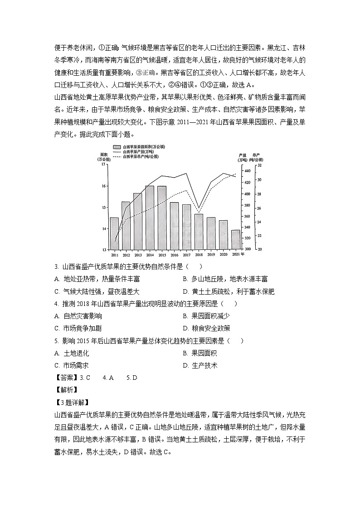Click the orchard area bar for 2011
click(114, 233)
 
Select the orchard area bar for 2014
click(150, 218)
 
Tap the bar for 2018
click(199, 232)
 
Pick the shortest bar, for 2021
click(236, 239)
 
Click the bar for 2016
click(174, 226)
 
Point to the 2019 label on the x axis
click(211, 255)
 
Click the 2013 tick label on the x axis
click(138, 255)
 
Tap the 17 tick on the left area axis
click(103, 165)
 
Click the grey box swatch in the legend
click(117, 147)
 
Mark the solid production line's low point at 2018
click(199, 208)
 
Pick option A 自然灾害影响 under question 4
click(78, 316)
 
